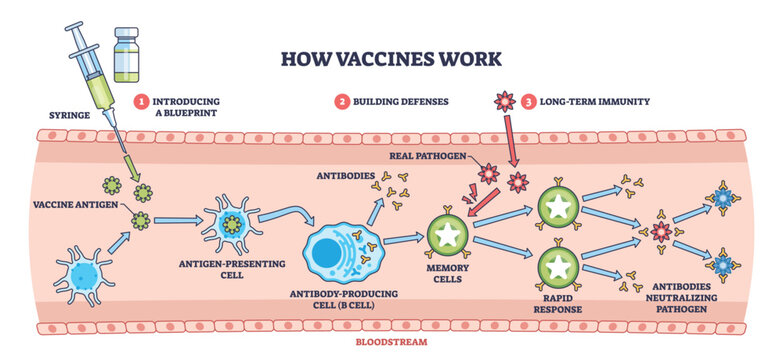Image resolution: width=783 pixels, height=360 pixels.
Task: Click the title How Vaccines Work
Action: click(x=391, y=57)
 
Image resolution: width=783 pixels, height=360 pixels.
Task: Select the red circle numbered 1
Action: click(x=143, y=102)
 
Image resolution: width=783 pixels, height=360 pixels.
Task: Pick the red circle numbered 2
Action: click(x=340, y=102)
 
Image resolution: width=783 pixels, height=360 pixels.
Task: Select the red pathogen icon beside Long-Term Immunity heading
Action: click(x=502, y=103)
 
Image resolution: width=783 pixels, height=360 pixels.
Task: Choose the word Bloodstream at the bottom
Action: click(x=391, y=341)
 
